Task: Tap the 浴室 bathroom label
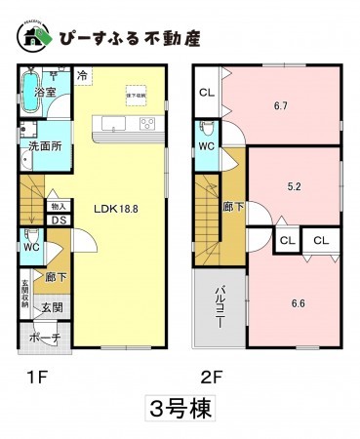click(45, 92)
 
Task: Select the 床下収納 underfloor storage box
click(137, 94)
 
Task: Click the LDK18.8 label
click(115, 208)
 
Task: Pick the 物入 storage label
click(57, 206)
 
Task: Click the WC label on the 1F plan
click(30, 249)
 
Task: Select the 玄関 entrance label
click(51, 307)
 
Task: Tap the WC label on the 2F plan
click(207, 146)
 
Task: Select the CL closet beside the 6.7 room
click(207, 93)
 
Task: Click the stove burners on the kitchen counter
click(148, 123)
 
